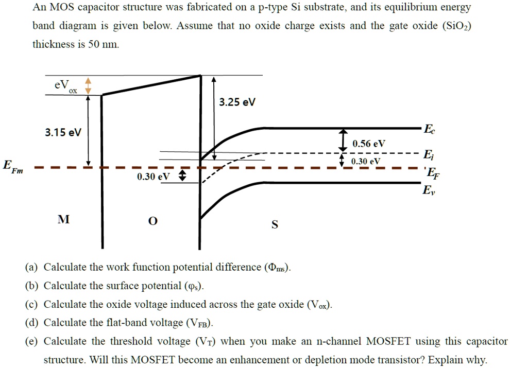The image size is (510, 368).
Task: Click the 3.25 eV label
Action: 237,102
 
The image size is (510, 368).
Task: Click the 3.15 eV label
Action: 63,133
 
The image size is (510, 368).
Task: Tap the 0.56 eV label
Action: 368,144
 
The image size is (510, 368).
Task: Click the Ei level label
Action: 427,154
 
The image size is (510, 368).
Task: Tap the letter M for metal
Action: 63,220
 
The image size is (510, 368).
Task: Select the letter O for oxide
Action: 151,221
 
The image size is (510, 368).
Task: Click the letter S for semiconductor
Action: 275,224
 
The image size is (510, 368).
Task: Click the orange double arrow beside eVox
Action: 88,85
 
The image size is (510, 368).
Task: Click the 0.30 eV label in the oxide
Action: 153,177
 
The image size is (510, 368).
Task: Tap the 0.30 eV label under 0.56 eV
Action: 366,161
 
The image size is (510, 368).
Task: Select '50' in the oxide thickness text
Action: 94,44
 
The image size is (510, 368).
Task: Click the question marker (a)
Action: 31,267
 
